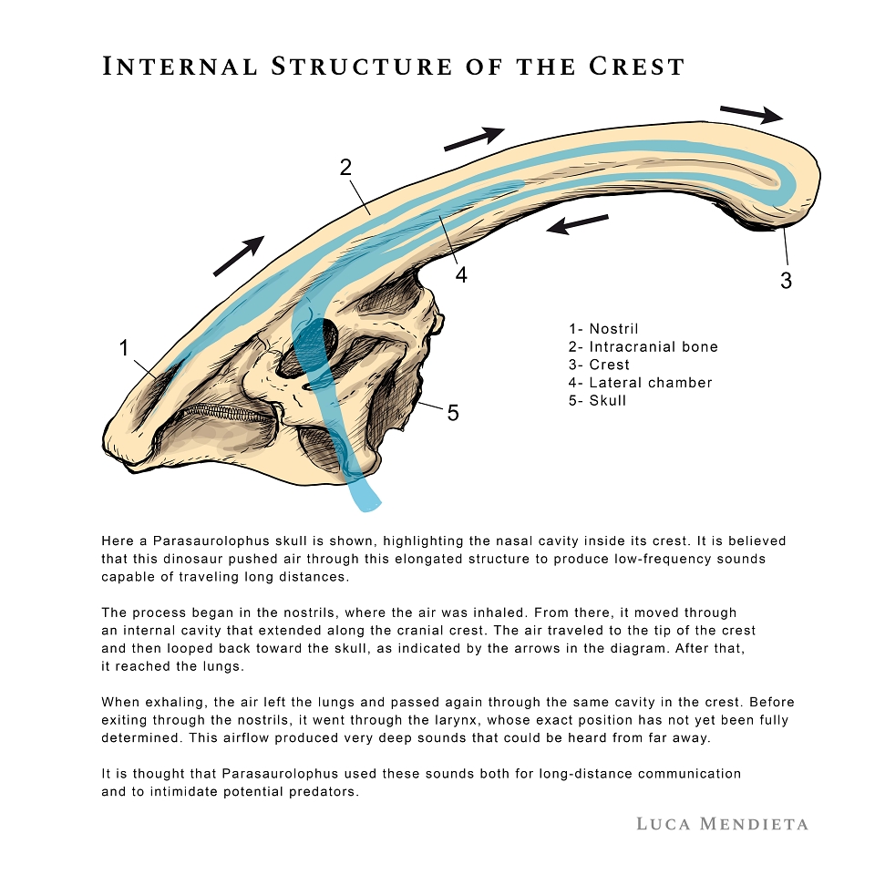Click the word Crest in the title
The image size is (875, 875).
coord(636,67)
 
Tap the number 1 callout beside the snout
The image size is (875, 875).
coord(124,348)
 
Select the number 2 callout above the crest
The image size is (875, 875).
coord(346,168)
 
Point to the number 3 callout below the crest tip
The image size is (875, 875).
coord(786,280)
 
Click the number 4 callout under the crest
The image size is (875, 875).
coord(461,274)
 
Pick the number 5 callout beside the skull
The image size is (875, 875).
coord(453,413)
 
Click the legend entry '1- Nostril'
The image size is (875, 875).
coord(603,329)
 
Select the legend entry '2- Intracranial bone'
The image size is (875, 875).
coord(643,346)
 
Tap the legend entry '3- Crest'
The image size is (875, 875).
coord(599,365)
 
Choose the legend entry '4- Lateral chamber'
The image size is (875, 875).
coord(640,382)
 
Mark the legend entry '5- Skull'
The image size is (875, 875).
coord(597,400)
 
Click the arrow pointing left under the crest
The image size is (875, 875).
coord(577,224)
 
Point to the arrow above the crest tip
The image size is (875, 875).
coord(752,114)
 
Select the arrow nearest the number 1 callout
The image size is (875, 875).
coord(239,255)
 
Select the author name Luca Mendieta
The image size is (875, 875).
coord(722,824)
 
